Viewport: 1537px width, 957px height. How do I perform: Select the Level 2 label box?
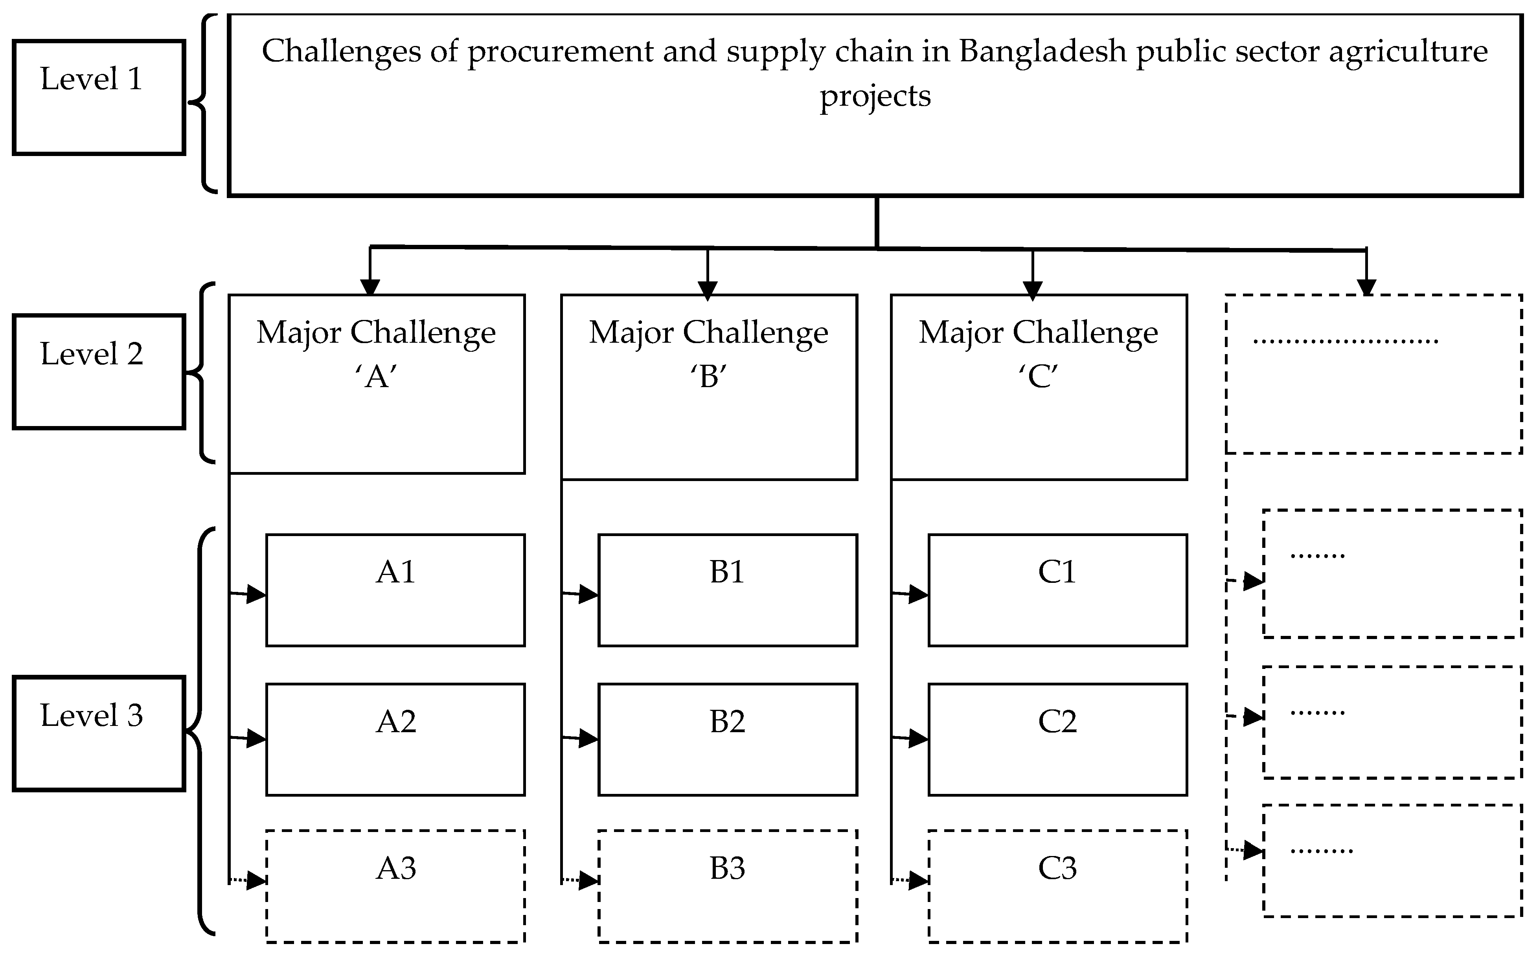click(99, 371)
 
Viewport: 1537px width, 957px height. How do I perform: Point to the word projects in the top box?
click(875, 97)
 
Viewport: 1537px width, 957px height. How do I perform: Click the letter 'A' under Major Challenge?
click(376, 377)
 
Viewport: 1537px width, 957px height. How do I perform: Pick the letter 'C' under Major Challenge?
click(1038, 377)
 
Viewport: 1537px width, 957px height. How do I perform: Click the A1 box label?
click(395, 572)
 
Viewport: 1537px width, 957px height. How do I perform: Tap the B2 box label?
click(727, 722)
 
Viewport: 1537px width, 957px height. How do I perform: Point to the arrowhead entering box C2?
click(919, 738)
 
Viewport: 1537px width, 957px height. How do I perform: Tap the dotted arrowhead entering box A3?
click(256, 880)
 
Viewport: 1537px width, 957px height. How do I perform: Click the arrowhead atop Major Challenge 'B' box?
click(707, 290)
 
